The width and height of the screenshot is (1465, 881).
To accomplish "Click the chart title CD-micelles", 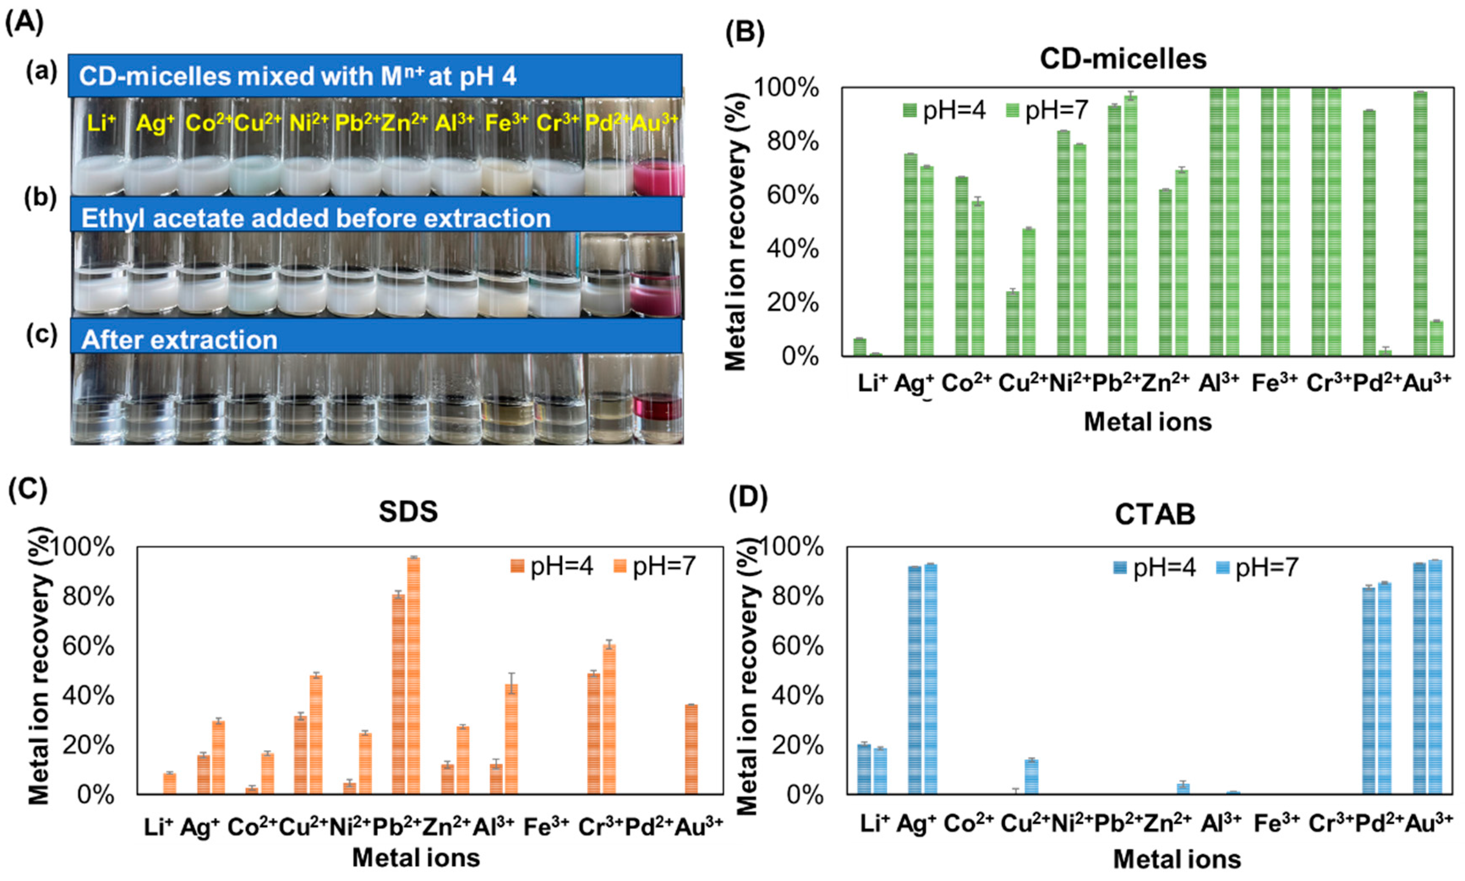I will (1123, 59).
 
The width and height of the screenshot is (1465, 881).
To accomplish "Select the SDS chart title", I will (408, 512).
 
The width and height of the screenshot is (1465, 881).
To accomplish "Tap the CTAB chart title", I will (1155, 514).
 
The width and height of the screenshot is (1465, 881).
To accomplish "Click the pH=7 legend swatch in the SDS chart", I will (620, 566).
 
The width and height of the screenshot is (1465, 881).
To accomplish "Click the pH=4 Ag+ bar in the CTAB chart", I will (915, 680).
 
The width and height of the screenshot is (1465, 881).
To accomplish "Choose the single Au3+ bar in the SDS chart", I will (691, 749).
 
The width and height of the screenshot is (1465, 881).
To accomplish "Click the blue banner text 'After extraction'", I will (179, 339).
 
